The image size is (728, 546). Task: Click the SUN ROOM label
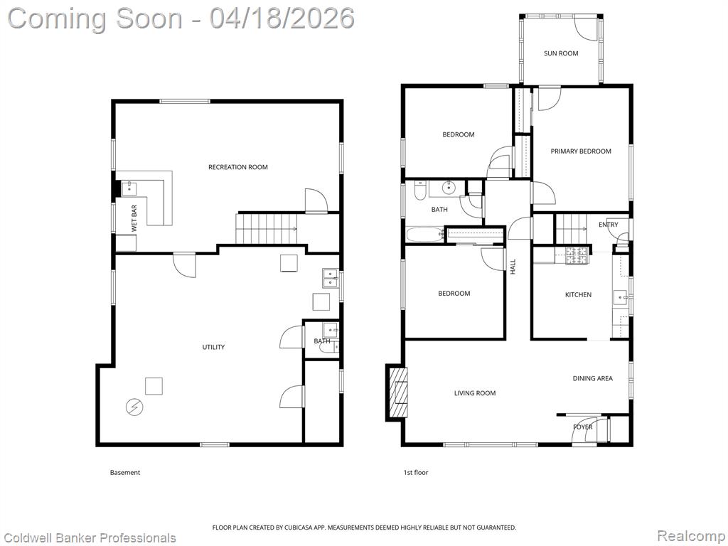point(561,53)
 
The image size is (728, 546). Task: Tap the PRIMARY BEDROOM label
point(580,151)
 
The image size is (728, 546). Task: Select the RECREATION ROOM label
point(237,167)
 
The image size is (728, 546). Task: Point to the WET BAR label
point(134,218)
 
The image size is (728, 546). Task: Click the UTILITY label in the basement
point(213,347)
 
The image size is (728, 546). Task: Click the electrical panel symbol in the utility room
point(134,407)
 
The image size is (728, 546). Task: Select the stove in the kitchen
point(577,255)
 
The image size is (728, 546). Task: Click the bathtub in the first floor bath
point(425,235)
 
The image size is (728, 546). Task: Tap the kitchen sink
point(620,296)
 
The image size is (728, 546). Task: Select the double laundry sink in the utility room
point(330,279)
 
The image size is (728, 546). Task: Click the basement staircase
point(267,228)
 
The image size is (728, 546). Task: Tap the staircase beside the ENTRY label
point(572,228)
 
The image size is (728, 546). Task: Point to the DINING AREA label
point(592,378)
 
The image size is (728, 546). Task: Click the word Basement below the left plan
point(125,473)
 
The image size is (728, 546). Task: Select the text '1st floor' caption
point(415,473)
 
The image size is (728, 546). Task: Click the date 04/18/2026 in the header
point(282,18)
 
